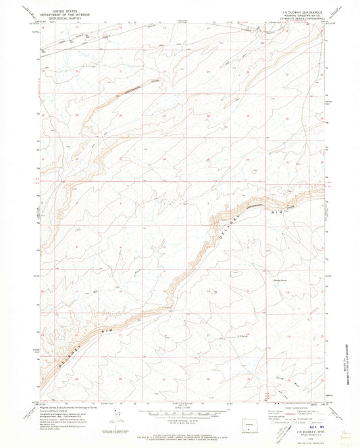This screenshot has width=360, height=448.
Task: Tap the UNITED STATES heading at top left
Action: [x=57, y=11]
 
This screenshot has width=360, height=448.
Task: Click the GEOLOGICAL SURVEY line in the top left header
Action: [x=57, y=20]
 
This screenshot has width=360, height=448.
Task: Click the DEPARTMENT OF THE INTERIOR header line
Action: [x=57, y=16]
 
